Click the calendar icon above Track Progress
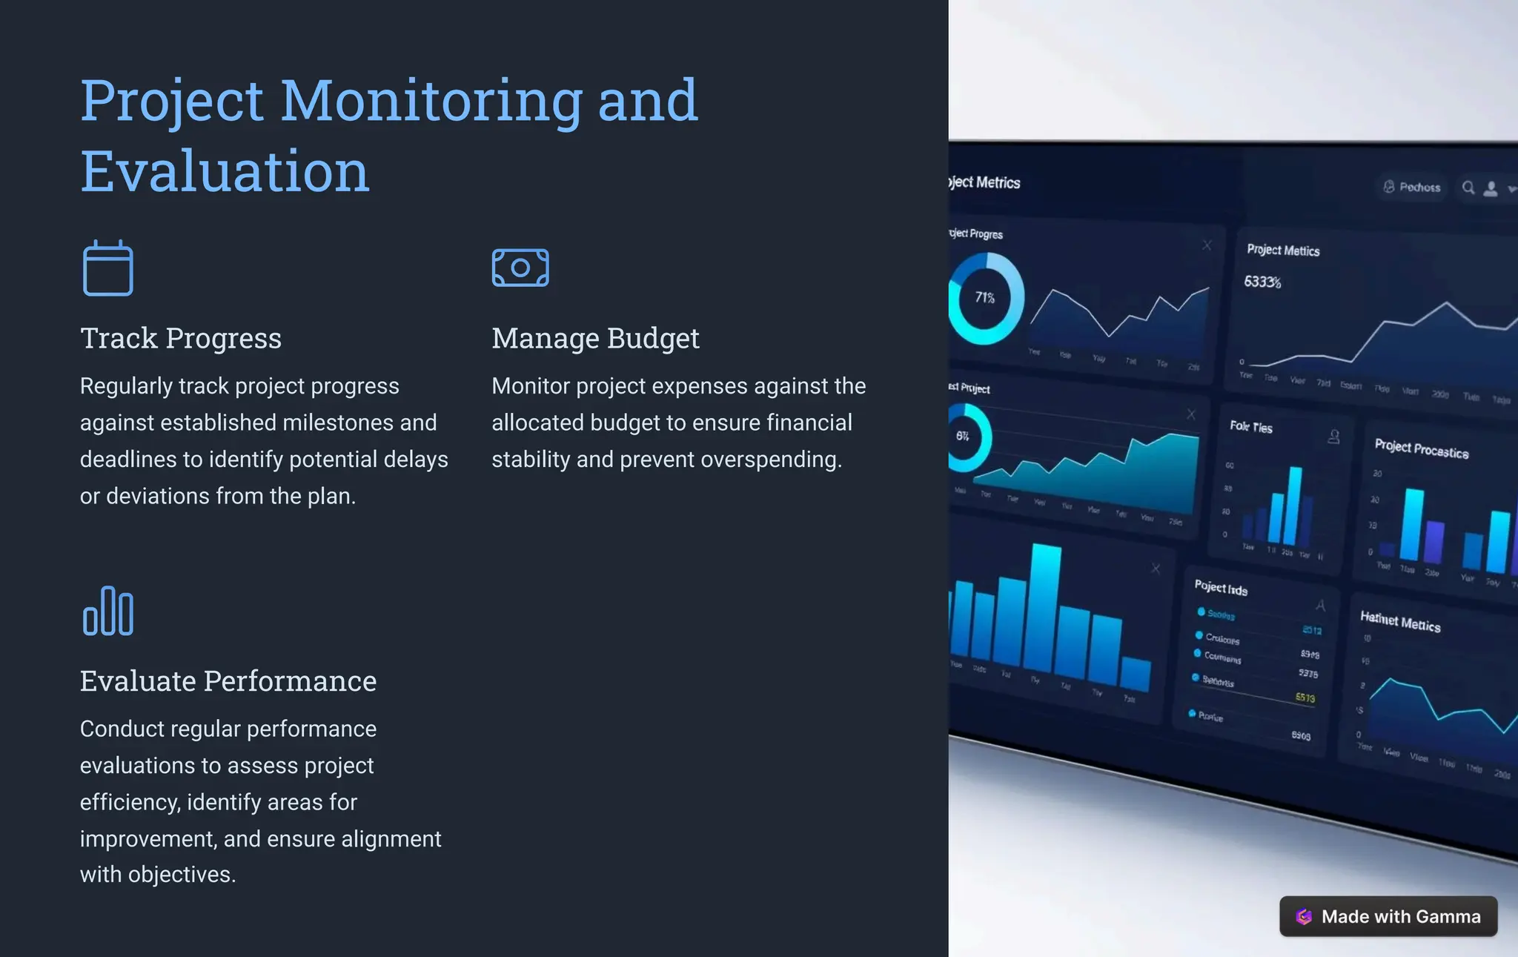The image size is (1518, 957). (107, 268)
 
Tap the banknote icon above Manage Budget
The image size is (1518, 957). (520, 268)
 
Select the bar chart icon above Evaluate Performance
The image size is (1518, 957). (108, 611)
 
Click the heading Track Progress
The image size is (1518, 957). (181, 338)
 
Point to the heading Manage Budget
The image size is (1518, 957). (595, 338)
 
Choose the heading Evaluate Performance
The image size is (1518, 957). (228, 681)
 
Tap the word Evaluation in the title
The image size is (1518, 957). (225, 171)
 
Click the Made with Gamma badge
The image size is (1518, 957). (1388, 916)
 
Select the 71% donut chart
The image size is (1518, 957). (984, 298)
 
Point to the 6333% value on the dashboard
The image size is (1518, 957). (1262, 282)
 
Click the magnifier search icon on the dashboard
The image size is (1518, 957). (1468, 188)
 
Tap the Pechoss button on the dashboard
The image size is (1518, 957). (1412, 187)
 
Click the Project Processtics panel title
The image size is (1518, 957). (1421, 448)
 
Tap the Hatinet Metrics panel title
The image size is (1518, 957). (1400, 621)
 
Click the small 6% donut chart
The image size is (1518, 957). (964, 437)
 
